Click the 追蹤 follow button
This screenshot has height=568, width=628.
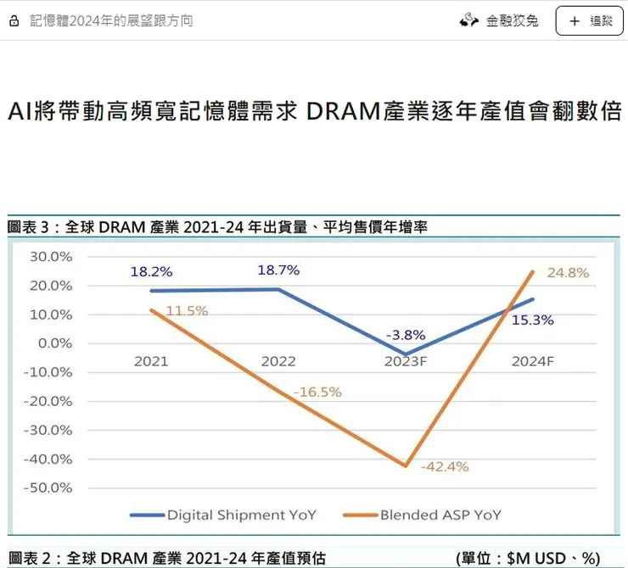point(589,20)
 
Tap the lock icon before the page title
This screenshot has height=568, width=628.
point(14,20)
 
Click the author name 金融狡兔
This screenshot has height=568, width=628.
point(512,20)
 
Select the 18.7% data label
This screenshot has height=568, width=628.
point(278,270)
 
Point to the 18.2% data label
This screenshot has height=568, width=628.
point(151,272)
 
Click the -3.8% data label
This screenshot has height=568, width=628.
point(406,335)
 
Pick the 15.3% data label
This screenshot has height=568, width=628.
point(533,320)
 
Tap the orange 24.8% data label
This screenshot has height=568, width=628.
point(568,273)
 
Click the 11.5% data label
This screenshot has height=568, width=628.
point(187,311)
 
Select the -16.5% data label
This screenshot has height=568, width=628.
point(317,392)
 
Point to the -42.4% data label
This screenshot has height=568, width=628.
point(444,466)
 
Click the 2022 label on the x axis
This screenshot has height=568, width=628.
point(278,361)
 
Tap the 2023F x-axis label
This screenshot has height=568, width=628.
point(406,361)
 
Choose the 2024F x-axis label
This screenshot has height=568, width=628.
point(533,361)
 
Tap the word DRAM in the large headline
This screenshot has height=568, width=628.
point(346,112)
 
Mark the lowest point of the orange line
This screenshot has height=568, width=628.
point(407,465)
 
